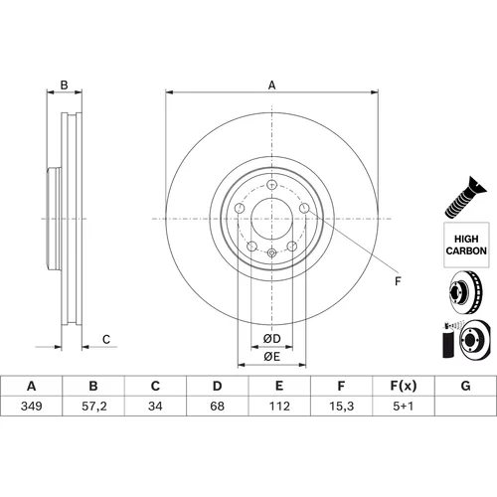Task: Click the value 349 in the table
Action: tap(32, 406)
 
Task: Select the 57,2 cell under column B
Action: tap(94, 406)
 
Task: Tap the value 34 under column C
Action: tap(155, 406)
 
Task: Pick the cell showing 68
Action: tap(217, 406)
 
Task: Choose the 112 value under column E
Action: tap(279, 406)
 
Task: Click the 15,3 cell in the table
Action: tap(342, 406)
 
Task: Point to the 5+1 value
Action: tap(404, 406)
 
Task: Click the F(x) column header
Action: tap(404, 386)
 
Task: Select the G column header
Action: tap(465, 386)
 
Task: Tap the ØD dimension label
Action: tap(272, 338)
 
